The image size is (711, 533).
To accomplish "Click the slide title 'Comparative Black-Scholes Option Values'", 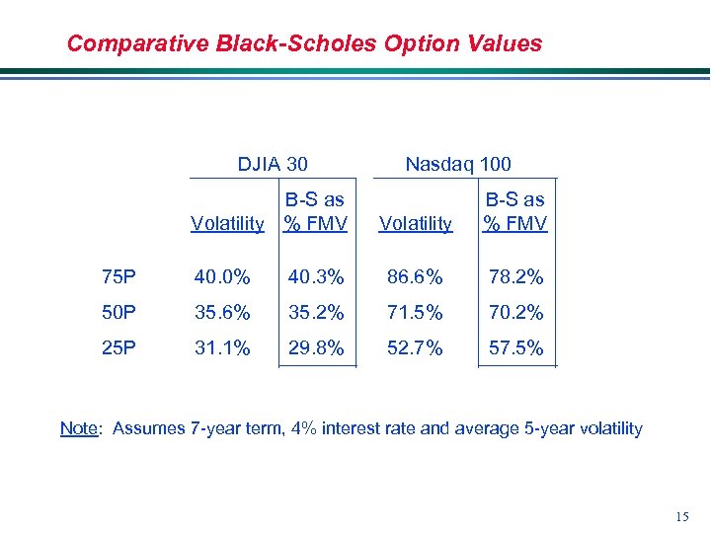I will coord(304,43).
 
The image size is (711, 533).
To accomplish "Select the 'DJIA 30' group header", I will coord(273,164).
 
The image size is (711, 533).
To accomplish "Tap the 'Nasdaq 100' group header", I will coord(458,164).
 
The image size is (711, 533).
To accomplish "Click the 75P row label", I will coord(120,277).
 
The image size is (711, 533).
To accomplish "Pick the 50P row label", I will coord(120,313).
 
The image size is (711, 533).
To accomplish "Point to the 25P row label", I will coord(120,347).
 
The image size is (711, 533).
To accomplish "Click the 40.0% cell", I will coord(222,277).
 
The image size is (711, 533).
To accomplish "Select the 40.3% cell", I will coord(316,277).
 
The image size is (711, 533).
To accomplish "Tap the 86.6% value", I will coord(416,277).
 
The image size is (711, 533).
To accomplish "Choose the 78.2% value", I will coord(514,277).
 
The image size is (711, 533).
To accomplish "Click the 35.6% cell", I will coord(222,313).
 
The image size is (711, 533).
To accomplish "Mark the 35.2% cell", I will coord(316,313).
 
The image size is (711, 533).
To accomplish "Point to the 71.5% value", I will coord(416,313).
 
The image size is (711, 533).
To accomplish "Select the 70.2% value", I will coord(514,313).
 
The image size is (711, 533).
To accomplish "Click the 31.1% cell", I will coord(222,347).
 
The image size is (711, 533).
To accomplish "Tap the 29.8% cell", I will coord(316,347).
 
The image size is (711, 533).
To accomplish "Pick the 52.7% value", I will coord(416,347).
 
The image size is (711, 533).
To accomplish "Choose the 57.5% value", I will coord(514,347).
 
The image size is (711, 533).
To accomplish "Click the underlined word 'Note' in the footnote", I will coord(80,428).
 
